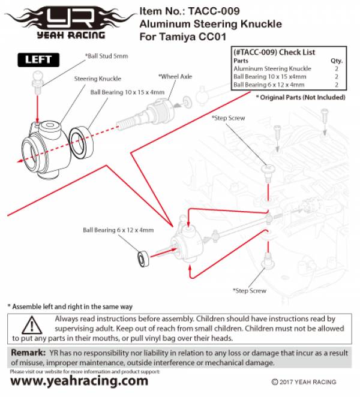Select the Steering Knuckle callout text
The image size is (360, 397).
(97, 79)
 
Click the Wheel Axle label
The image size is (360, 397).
(175, 76)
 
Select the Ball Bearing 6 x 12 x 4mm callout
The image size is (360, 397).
(118, 230)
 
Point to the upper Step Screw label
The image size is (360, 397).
(229, 118)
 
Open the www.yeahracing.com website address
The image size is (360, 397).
(79, 381)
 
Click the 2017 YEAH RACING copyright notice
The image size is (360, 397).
(304, 382)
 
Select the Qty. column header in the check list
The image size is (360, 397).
(337, 61)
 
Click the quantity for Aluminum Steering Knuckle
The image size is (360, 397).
(337, 69)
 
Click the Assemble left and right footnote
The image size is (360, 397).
(70, 306)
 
